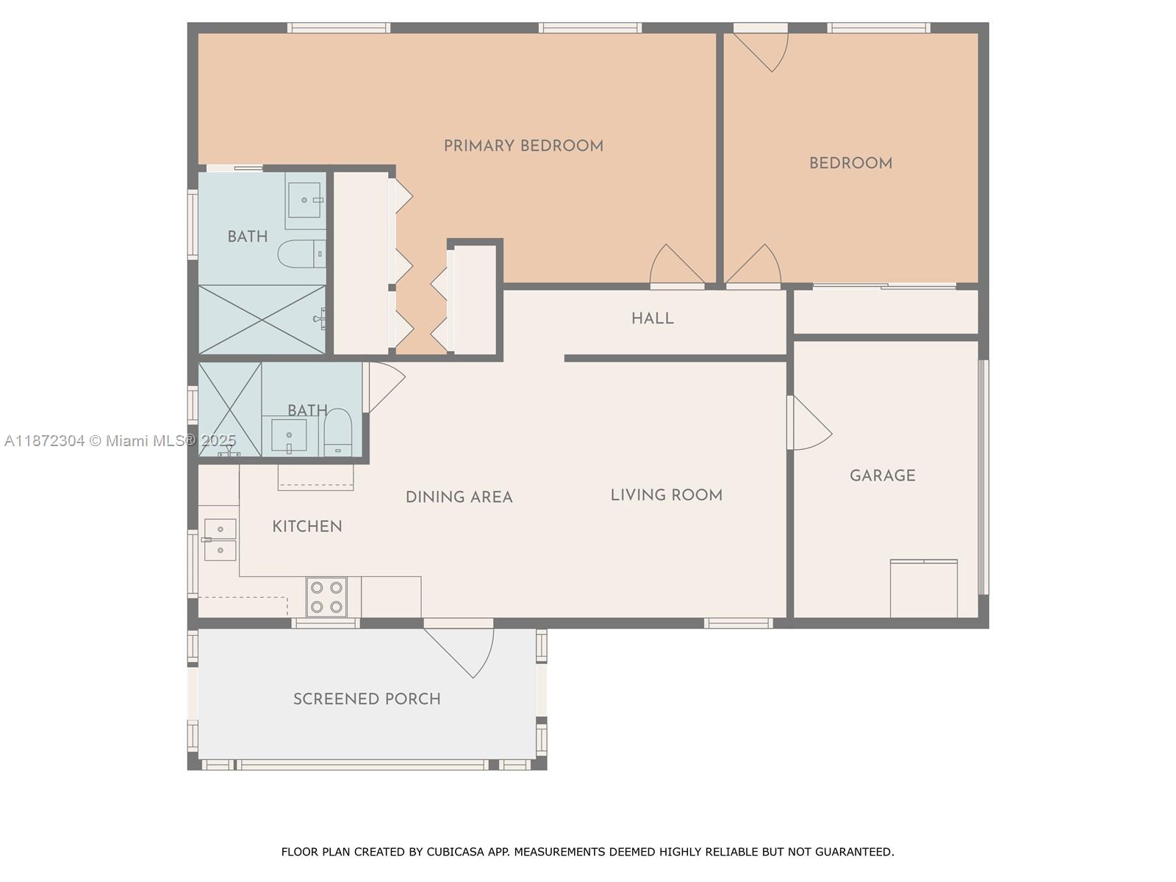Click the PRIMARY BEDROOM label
[523, 146]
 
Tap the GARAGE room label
[883, 476]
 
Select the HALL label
[652, 319]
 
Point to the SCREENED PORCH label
[367, 699]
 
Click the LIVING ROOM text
[667, 495]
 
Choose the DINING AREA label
[459, 497]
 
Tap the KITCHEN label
[307, 526]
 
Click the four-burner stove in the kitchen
[326, 597]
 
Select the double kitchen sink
[220, 539]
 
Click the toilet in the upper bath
[302, 254]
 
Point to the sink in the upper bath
[305, 200]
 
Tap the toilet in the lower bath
[337, 432]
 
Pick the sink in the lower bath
[290, 436]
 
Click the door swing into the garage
[809, 423]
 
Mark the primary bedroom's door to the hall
[677, 265]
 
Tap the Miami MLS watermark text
[120, 441]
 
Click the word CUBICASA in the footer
[456, 851]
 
